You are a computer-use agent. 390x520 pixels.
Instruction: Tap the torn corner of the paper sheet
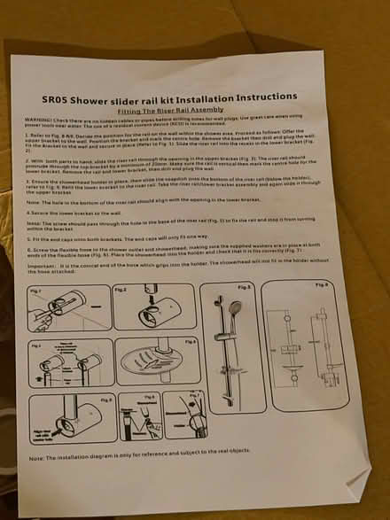pos(355,483)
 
